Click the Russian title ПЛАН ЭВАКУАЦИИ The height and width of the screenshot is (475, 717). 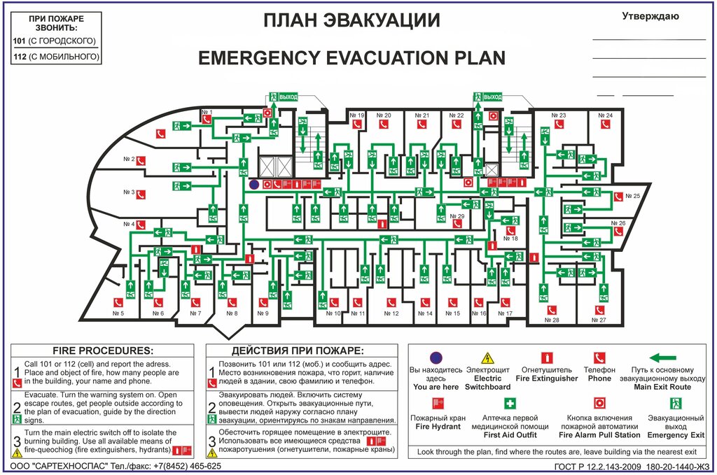(x=351, y=21)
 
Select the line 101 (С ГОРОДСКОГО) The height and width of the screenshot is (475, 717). (x=55, y=41)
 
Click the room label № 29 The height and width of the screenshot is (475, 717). (x=457, y=217)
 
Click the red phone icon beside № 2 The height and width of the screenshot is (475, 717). (x=140, y=160)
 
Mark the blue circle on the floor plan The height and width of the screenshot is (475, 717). (x=254, y=184)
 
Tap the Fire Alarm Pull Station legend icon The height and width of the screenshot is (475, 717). (x=599, y=404)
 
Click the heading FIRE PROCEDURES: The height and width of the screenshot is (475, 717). (x=103, y=350)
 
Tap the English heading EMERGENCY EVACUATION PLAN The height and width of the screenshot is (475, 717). (x=351, y=57)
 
